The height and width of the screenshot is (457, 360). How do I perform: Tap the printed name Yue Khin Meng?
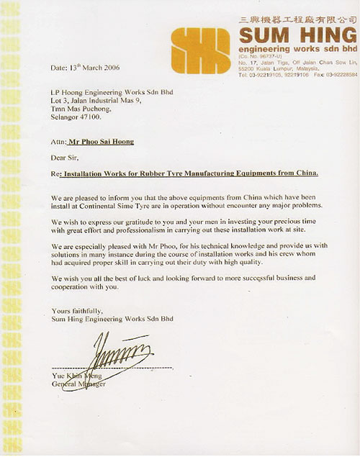pos(78,375)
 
